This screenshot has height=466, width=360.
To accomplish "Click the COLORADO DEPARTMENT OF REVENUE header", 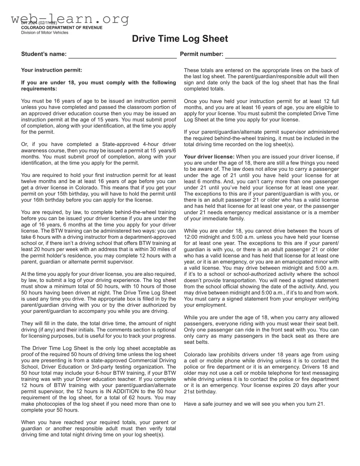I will click(62, 28).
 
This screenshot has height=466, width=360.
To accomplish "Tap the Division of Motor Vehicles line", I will click(45, 33).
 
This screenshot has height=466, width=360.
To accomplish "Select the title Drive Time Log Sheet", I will click(180, 39).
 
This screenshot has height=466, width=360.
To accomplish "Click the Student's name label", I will click(44, 54).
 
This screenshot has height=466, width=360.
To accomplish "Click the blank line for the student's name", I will click(122, 55).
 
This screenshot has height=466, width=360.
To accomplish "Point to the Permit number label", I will click(202, 54).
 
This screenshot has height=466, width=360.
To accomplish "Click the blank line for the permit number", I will click(280, 55).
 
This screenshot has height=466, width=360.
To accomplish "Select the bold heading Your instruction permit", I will click(52, 70).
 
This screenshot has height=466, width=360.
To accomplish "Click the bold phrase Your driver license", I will click(209, 157).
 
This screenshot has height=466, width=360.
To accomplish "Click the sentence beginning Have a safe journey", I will click(254, 404).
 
